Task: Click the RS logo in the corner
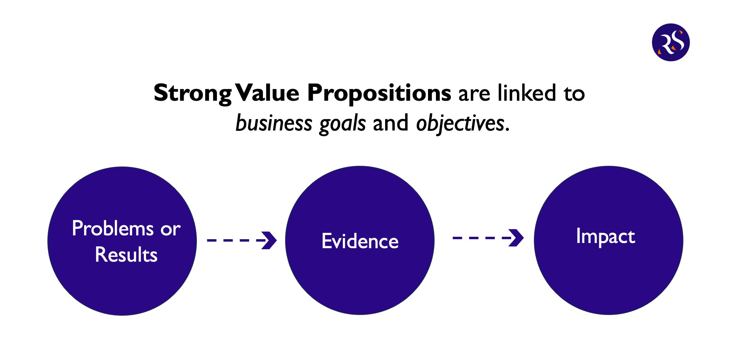(671, 42)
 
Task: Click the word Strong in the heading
(192, 93)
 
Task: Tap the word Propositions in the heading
(379, 93)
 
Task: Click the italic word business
(274, 123)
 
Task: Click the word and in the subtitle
(390, 123)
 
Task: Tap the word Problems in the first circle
(112, 228)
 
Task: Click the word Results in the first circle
(126, 255)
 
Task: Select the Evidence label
(360, 241)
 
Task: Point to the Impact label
(606, 237)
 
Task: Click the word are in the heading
(474, 93)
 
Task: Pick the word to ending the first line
(574, 93)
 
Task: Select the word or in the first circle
(170, 229)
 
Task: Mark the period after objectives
(507, 130)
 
